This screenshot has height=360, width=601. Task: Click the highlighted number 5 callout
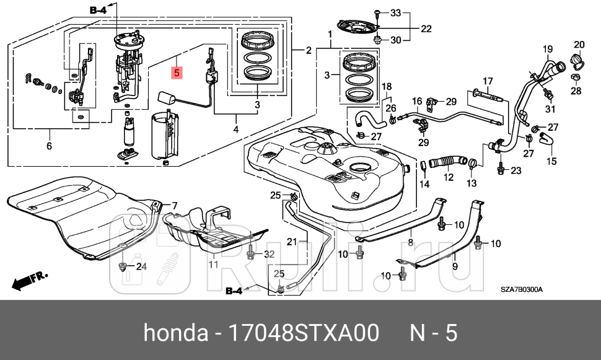coord(177,73)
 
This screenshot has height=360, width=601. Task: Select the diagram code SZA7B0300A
coord(522,290)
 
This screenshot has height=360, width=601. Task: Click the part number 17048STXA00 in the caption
coord(304,333)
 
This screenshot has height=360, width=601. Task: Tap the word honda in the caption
coord(175,333)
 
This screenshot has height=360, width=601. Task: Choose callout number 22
coord(426,29)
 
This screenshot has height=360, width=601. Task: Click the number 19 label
coord(547,49)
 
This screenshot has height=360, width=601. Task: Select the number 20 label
coord(579,44)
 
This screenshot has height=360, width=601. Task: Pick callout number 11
coord(213,265)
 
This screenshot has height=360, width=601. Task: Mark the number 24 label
coord(141,267)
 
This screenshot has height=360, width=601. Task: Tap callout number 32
coord(268,254)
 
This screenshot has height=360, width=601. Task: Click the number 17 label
coord(488,81)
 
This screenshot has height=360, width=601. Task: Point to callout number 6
coord(49,146)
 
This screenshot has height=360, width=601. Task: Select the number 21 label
coord(292,241)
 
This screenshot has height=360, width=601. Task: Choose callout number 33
coord(395,12)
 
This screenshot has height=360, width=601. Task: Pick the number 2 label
coord(308,50)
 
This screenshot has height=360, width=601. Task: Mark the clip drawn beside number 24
coord(123,267)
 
